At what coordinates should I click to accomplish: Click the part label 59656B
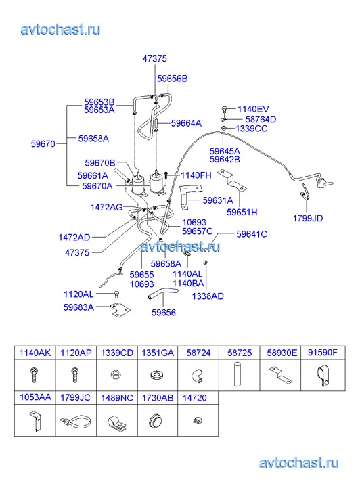click(x=173, y=79)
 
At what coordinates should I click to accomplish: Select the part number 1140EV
click(x=253, y=109)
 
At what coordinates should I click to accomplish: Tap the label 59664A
click(x=186, y=123)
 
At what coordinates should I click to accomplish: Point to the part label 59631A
click(x=218, y=200)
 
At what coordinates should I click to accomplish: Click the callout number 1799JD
click(x=308, y=218)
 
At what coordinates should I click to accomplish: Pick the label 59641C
click(x=252, y=234)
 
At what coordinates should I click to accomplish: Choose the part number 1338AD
click(x=208, y=296)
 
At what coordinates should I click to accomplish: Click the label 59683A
click(x=78, y=307)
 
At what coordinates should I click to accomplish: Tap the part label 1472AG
click(x=106, y=207)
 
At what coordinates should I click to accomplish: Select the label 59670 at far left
click(x=43, y=144)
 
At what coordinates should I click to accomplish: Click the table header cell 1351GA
click(x=158, y=353)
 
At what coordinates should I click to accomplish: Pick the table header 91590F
click(x=323, y=353)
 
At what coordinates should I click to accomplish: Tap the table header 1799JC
click(x=75, y=397)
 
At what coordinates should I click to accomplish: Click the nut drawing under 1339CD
click(x=116, y=375)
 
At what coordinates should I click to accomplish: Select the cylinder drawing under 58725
click(x=238, y=374)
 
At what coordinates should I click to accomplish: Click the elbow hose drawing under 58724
click(x=197, y=376)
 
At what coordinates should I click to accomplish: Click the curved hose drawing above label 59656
click(x=162, y=294)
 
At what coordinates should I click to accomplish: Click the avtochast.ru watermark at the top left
click(x=61, y=30)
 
